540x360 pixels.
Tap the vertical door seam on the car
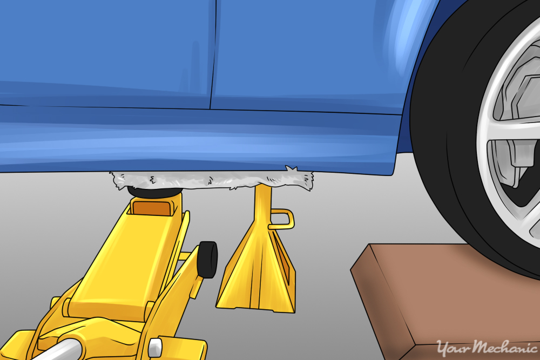[x=212, y=54]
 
